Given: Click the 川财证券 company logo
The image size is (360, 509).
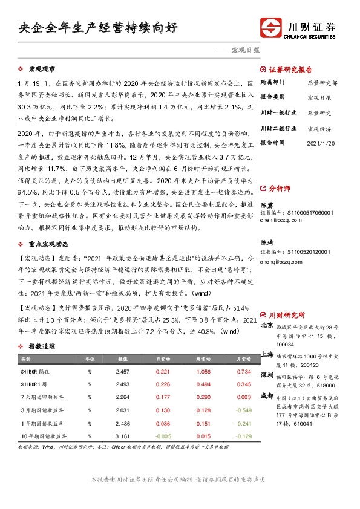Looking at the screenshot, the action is point(299,28).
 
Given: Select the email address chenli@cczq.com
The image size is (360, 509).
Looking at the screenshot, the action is point(281,221).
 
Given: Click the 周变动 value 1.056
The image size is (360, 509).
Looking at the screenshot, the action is point(204,371).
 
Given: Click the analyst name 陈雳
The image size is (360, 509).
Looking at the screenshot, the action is point(266,204).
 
